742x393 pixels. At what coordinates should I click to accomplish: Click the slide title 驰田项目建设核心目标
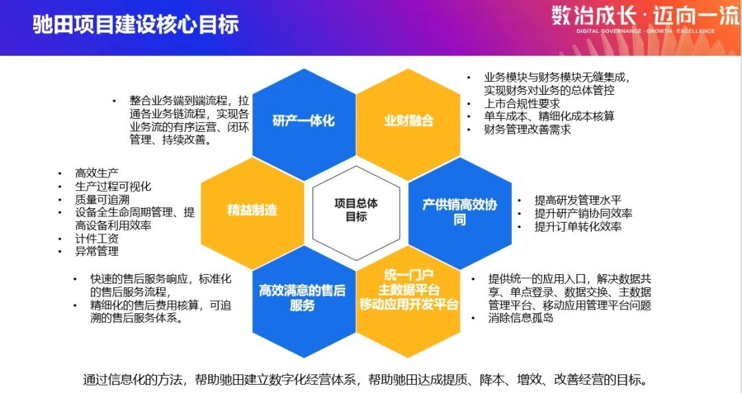pyautogui.click(x=136, y=25)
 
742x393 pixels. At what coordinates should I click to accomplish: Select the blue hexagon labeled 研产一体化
pyautogui.click(x=303, y=121)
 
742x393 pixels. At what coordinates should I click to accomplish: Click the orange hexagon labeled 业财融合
pyautogui.click(x=409, y=121)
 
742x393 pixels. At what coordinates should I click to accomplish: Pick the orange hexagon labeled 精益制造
pyautogui.click(x=251, y=210)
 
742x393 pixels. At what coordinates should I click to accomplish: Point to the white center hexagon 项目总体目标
pyautogui.click(x=356, y=210)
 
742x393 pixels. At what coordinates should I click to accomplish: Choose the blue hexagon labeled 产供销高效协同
pyautogui.click(x=460, y=211)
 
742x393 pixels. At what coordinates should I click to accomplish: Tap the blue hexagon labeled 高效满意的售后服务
pyautogui.click(x=302, y=298)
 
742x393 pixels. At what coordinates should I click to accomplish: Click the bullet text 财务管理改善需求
pyautogui.click(x=528, y=129)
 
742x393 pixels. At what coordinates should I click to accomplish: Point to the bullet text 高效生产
pyautogui.click(x=97, y=173)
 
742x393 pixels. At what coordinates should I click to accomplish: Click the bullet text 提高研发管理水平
pyautogui.click(x=579, y=200)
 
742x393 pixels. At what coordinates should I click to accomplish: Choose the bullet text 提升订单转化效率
pyautogui.click(x=578, y=226)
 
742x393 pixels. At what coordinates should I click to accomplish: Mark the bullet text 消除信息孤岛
pyautogui.click(x=521, y=318)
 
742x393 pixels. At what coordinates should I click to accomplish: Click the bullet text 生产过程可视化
pyautogui.click(x=113, y=186)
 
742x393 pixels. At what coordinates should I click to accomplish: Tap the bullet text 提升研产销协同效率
pyautogui.click(x=583, y=213)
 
